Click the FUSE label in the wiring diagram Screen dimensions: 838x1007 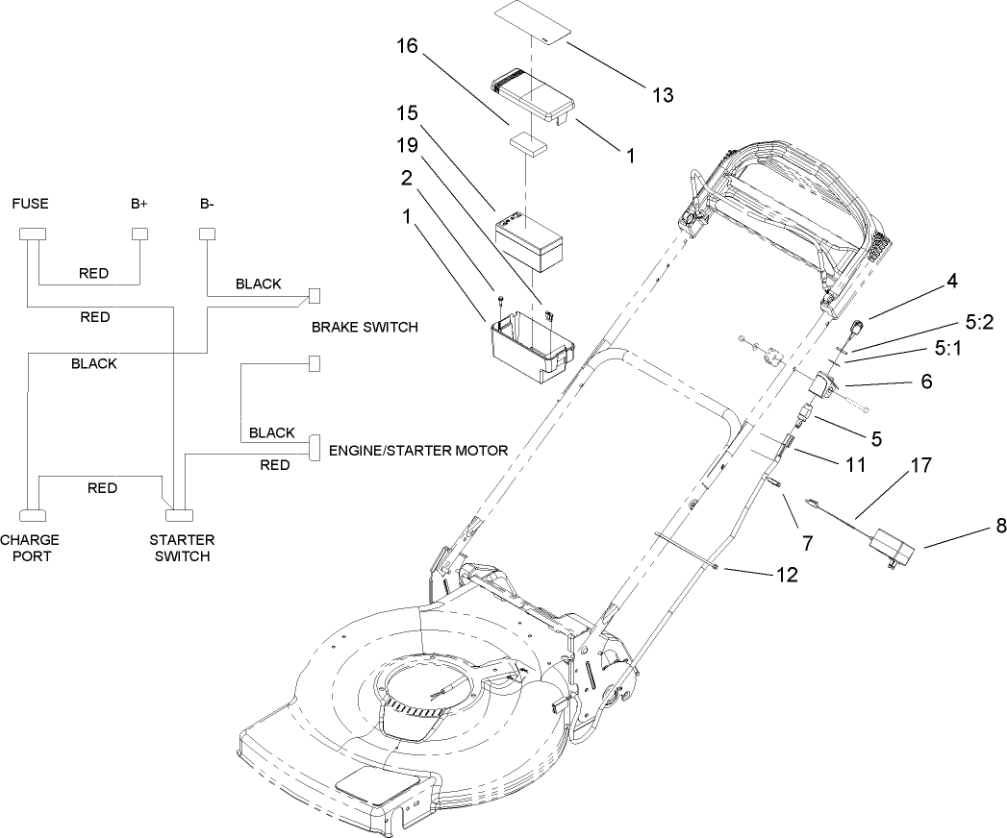pyautogui.click(x=30, y=204)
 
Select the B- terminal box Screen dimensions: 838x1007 pyautogui.click(x=206, y=234)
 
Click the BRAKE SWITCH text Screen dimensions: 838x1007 pyautogui.click(x=365, y=327)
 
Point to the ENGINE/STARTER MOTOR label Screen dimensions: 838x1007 pyautogui.click(x=418, y=450)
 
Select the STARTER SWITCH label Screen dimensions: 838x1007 pyautogui.click(x=183, y=548)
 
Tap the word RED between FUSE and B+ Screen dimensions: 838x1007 pyautogui.click(x=93, y=273)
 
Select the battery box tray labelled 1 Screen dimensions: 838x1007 pyautogui.click(x=527, y=342)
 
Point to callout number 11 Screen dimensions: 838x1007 pyautogui.click(x=854, y=465)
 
